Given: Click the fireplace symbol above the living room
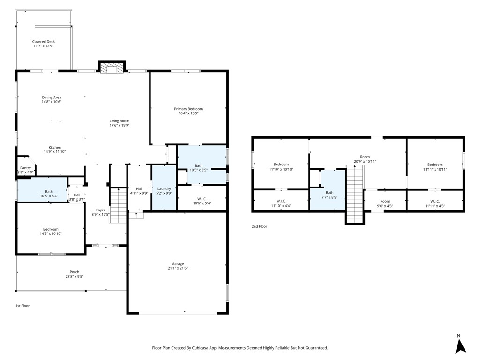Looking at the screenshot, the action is [112, 67].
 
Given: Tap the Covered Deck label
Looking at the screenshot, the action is [44, 42].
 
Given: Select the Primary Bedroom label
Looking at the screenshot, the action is [188, 109].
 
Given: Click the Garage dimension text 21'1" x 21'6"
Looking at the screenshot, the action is [178, 268].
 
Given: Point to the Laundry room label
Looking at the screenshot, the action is [164, 189].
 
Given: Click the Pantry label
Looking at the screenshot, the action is [25, 168].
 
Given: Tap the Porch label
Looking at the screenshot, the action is [75, 272].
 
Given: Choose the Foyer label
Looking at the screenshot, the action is [101, 210].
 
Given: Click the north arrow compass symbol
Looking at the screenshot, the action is [460, 345].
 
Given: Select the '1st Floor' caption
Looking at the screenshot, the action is [22, 306].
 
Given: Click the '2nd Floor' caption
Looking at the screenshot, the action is [259, 226].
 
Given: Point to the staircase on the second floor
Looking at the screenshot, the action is [355, 195].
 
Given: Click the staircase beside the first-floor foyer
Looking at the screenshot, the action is [118, 205].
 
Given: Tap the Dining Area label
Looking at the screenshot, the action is [52, 97].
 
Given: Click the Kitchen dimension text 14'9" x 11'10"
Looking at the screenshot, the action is [55, 152].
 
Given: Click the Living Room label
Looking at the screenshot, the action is [120, 121].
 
